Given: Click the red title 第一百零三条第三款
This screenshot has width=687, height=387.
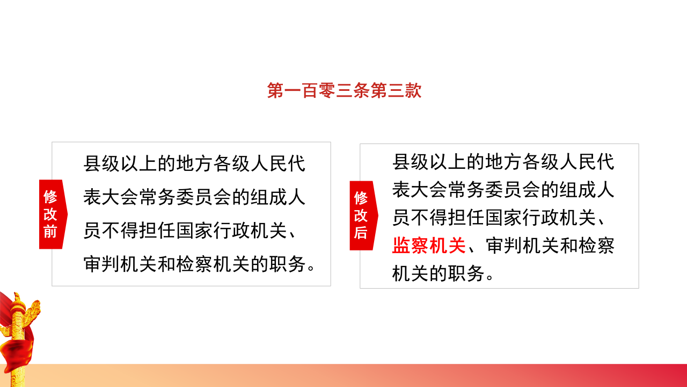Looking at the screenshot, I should coord(344,91).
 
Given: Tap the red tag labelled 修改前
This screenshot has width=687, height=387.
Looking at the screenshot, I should coord(52,214).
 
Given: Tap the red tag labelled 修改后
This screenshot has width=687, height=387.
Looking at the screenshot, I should coord(362,216).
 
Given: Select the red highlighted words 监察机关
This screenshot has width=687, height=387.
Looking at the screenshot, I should coord(429,245).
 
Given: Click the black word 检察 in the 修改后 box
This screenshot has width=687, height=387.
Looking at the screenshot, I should coord(596,245).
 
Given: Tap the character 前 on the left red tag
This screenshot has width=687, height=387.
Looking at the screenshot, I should coord(50,232).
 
